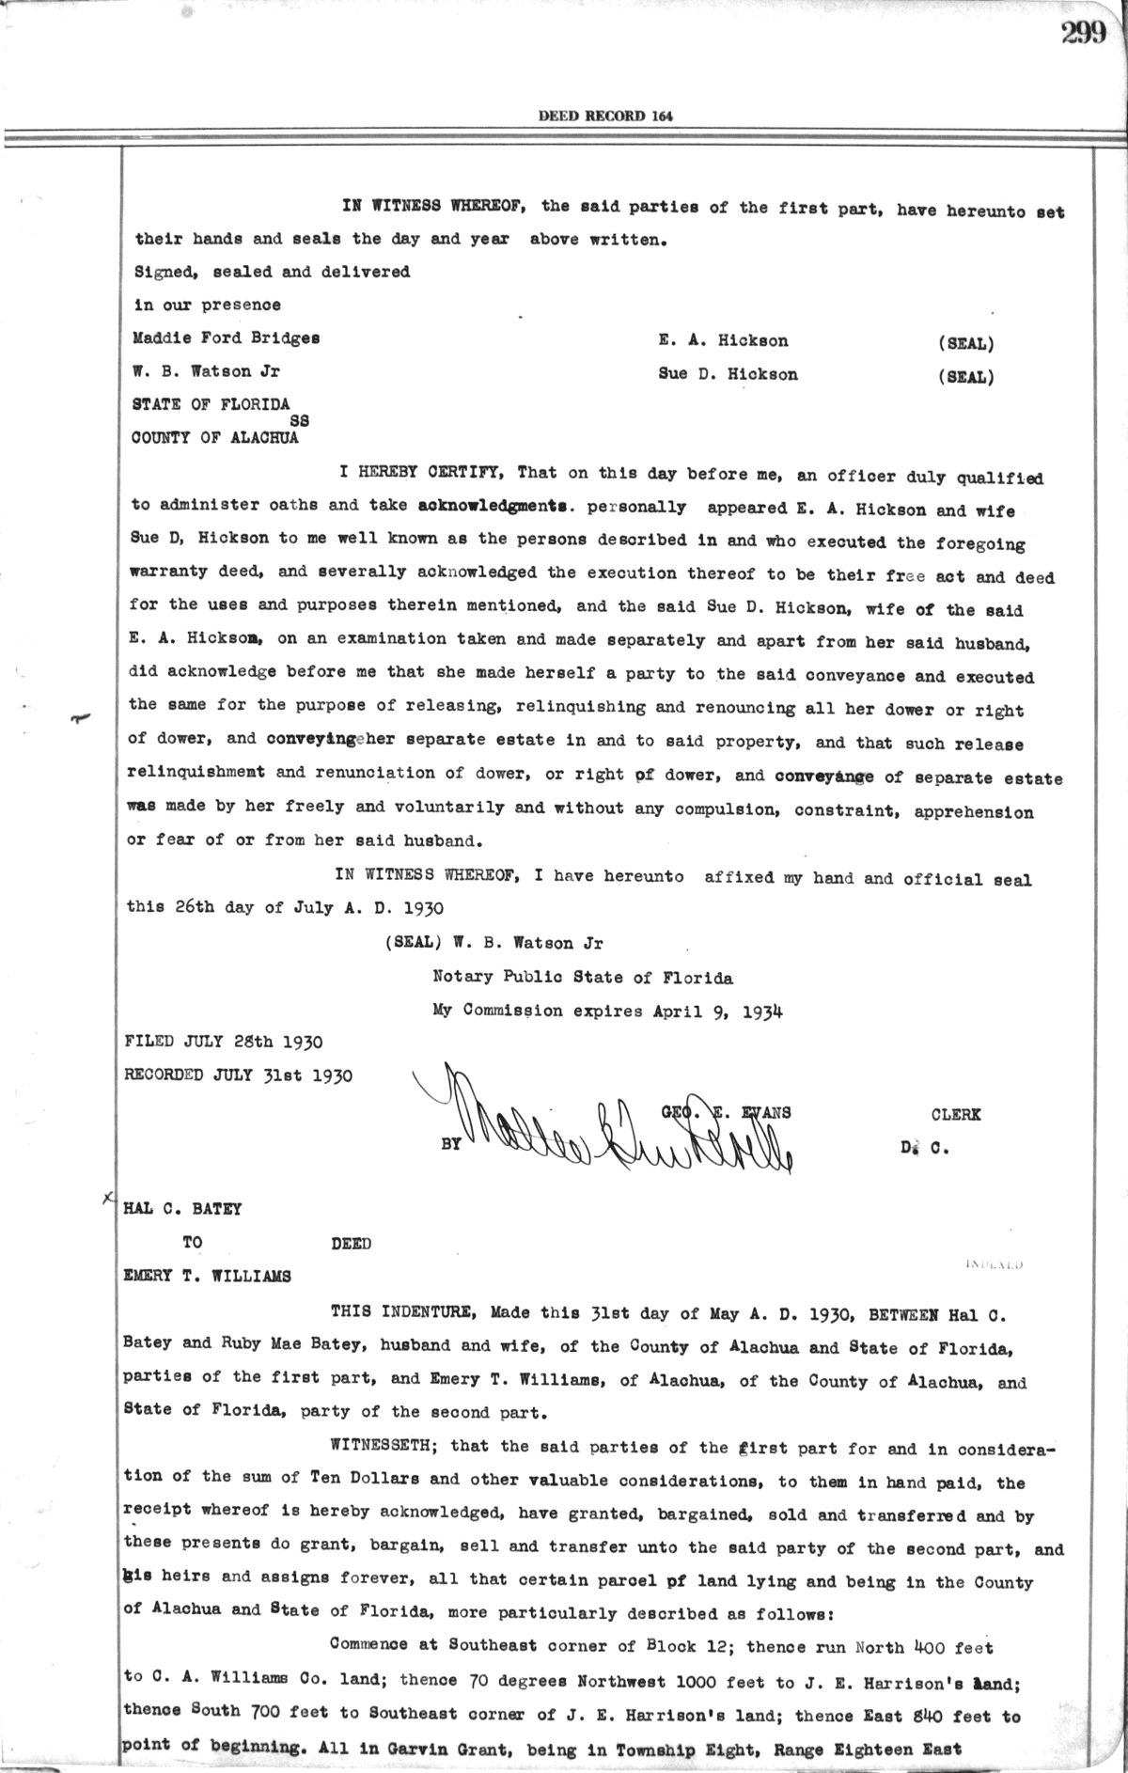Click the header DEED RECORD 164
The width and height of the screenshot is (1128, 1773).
coord(605,117)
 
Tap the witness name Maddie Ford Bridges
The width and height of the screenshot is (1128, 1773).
coord(226,338)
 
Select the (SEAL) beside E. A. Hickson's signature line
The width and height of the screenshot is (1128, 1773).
coord(965,343)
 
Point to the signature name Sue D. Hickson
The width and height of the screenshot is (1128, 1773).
coord(728,374)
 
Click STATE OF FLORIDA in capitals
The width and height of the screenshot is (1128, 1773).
coord(210,404)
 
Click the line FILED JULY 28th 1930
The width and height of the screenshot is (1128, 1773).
coord(224,1043)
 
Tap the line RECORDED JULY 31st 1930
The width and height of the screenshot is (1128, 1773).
coord(238,1075)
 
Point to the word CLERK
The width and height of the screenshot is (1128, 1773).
coord(955,1115)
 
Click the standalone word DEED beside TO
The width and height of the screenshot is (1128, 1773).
coord(351,1244)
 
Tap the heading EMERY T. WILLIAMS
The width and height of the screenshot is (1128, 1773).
coord(207,1277)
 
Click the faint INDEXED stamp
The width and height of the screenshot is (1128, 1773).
coord(994,1264)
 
